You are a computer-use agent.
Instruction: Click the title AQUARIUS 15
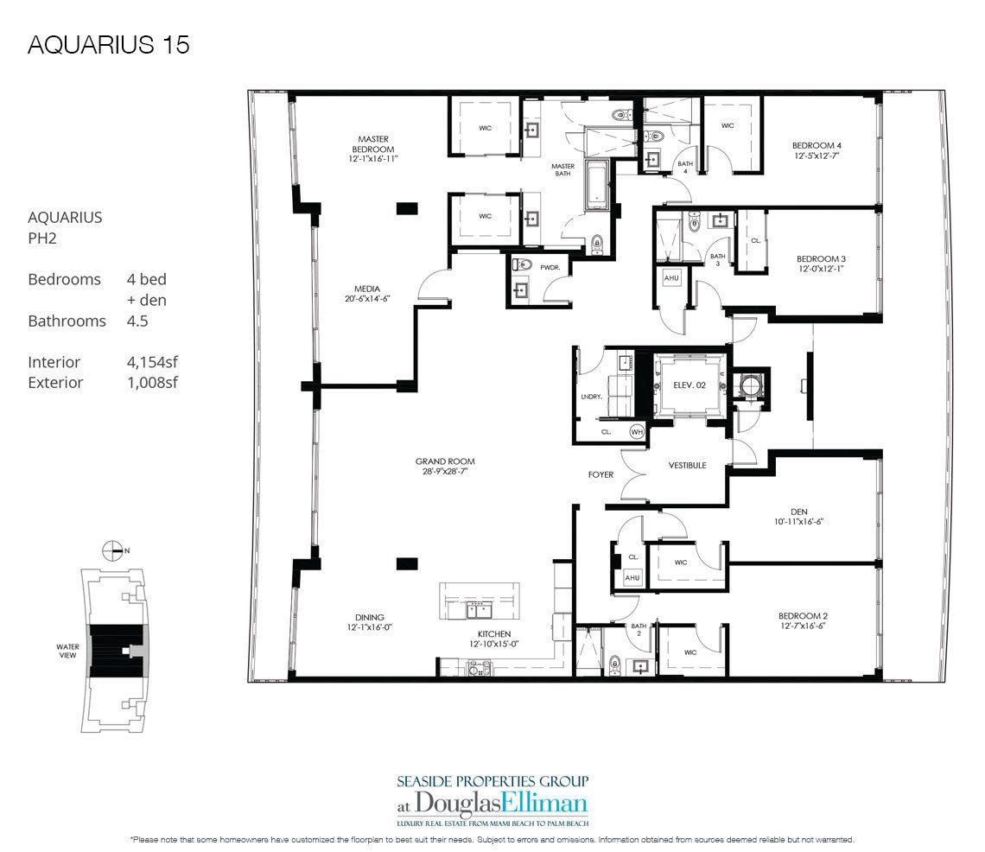pos(108,45)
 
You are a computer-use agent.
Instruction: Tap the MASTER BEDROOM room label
pos(373,144)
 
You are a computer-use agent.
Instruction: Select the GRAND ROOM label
pos(445,461)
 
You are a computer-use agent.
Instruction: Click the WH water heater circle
pos(637,432)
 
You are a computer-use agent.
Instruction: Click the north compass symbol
pos(111,549)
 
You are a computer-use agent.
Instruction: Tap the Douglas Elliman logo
pos(492,803)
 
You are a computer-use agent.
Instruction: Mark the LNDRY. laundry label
pos(593,397)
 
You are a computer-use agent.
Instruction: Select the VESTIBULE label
pos(688,465)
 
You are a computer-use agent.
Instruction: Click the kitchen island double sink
pos(478,611)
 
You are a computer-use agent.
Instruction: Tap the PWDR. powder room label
pos(550,268)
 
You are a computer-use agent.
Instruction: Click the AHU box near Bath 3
pos(671,278)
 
